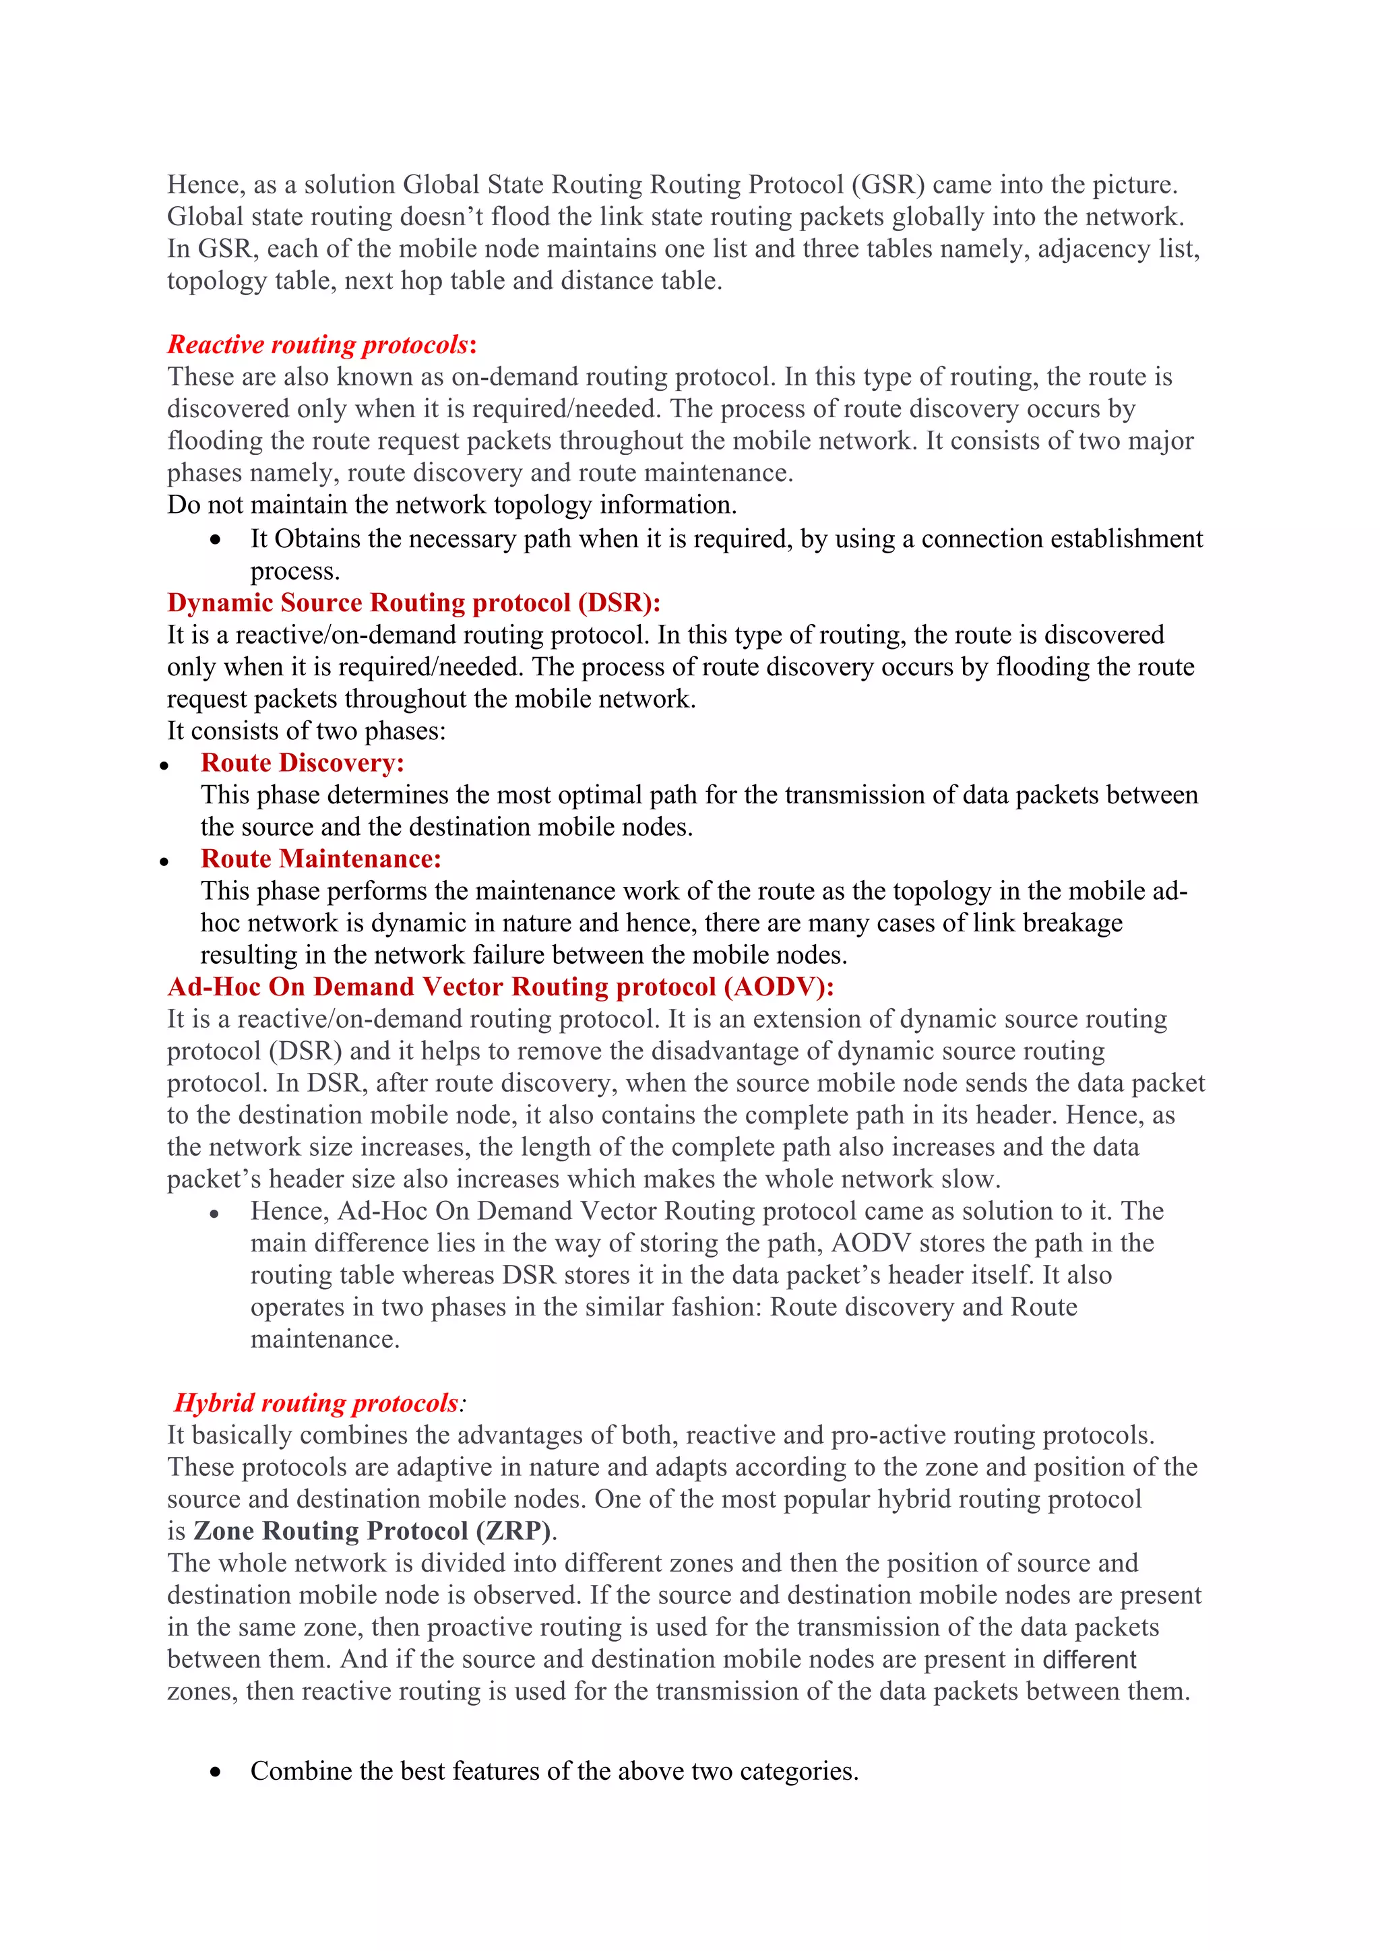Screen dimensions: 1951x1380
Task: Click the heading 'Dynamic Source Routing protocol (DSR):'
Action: click(x=413, y=602)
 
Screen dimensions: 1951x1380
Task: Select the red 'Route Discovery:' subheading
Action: click(x=302, y=762)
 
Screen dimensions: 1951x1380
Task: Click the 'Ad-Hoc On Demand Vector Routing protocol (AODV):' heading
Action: click(x=501, y=987)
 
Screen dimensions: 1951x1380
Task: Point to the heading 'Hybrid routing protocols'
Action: click(x=316, y=1403)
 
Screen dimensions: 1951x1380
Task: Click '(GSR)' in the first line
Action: click(x=887, y=185)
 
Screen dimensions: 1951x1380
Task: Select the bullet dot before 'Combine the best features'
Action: click(x=216, y=1772)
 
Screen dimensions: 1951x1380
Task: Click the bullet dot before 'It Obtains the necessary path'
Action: click(x=216, y=540)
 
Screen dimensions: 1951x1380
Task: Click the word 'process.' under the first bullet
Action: click(x=295, y=571)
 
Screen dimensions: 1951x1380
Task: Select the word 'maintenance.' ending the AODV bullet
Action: click(x=325, y=1339)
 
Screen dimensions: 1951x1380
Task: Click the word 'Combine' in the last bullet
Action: click(x=301, y=1771)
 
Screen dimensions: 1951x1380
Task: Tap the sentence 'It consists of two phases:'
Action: click(x=306, y=731)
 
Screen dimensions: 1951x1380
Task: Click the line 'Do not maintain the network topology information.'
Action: click(x=451, y=505)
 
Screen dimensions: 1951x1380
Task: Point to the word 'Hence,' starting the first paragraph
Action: click(x=206, y=185)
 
